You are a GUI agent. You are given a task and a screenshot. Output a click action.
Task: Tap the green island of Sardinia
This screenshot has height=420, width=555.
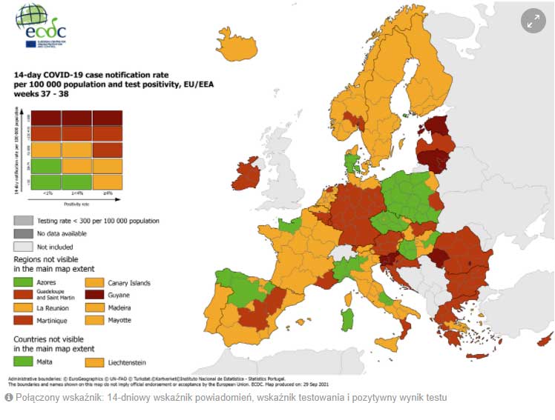pyautogui.click(x=347, y=319)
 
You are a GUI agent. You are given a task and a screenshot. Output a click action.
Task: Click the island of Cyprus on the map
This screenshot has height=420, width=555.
pyautogui.click(x=543, y=342)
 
